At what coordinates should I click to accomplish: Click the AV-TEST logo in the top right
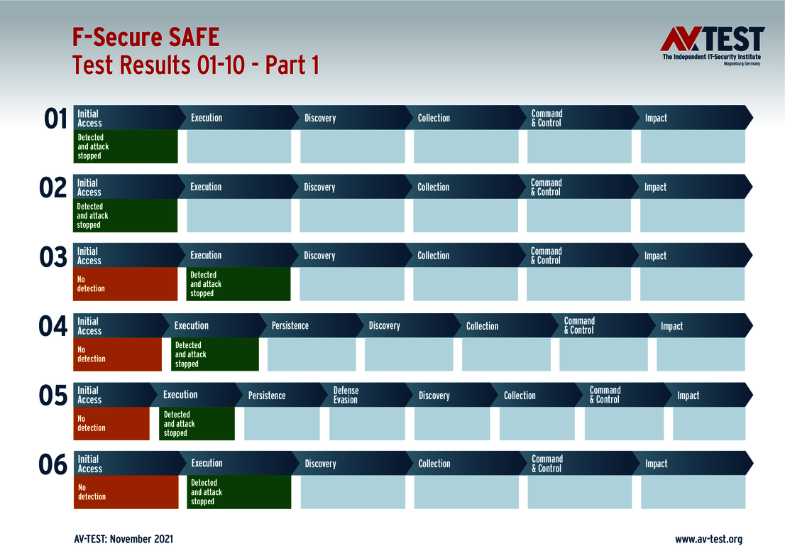pos(712,45)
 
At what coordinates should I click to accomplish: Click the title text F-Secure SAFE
pos(146,36)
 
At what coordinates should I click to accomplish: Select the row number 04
pos(53,327)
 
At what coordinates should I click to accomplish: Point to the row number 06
pos(53,465)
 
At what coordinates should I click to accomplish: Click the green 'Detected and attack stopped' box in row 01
pos(126,146)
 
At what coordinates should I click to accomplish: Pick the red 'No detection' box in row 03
pos(126,284)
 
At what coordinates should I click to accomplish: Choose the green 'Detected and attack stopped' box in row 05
pos(197,424)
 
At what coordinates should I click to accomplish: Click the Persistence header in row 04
pos(290,326)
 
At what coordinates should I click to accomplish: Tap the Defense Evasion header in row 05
pos(346,396)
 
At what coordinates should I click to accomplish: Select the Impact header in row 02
pos(655,187)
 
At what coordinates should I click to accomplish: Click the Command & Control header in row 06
pos(547,464)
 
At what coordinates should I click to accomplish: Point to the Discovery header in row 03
pos(319,256)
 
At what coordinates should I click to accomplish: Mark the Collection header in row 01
pos(434,118)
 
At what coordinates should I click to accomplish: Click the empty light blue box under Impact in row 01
pos(693,147)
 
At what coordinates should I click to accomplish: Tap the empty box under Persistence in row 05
pos(282,424)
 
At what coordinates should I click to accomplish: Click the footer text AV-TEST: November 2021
pos(123,539)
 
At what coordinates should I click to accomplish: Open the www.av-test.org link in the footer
pos(708,539)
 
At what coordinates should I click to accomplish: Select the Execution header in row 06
pos(207,463)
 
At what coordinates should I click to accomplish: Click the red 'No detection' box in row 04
pos(118,354)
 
